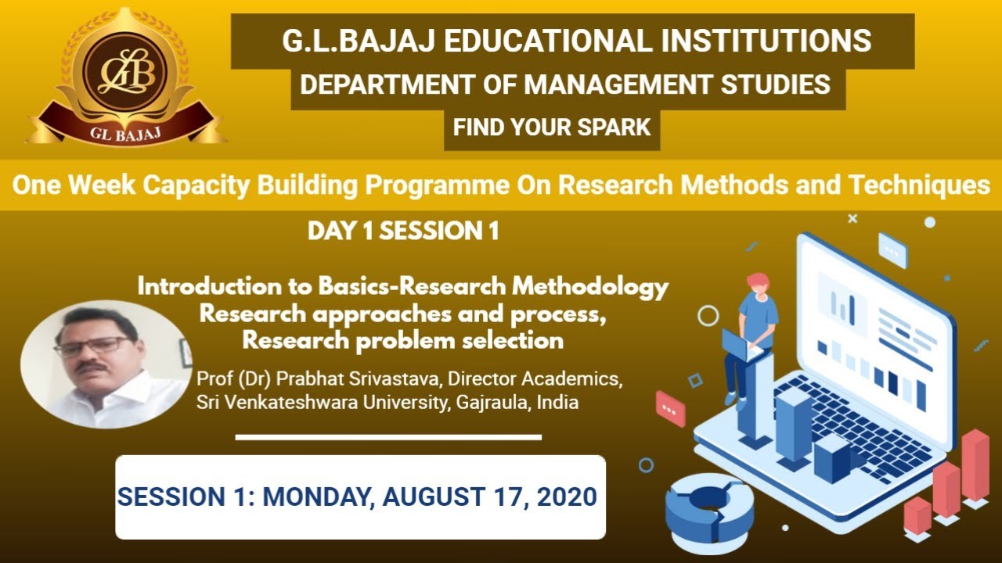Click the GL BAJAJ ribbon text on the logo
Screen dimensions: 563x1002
click(125, 131)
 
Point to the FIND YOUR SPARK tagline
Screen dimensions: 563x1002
click(552, 127)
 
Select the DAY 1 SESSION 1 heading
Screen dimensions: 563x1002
click(403, 231)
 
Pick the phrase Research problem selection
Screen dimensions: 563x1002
click(402, 340)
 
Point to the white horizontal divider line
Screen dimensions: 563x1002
click(388, 437)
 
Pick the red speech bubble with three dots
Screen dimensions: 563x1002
click(670, 408)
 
